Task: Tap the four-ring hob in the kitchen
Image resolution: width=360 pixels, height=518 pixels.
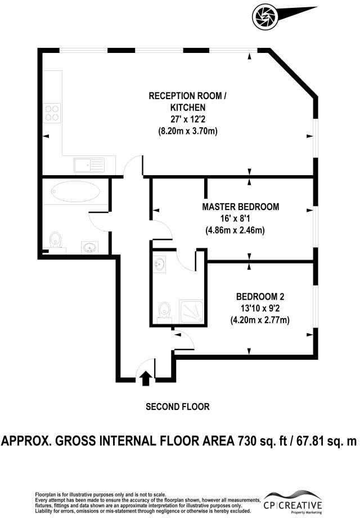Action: tap(52, 113)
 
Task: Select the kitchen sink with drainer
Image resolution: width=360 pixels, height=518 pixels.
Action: tap(89, 165)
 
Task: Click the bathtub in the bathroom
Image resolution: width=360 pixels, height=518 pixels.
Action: tap(75, 191)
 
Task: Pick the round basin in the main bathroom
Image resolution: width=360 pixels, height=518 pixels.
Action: tap(89, 247)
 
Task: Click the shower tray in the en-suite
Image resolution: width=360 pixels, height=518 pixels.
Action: tap(191, 311)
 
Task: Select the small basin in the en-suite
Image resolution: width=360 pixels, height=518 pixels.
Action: tap(160, 264)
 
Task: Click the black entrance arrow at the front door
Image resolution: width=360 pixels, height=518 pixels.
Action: tap(145, 378)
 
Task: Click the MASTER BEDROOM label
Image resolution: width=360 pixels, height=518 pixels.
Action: tap(241, 207)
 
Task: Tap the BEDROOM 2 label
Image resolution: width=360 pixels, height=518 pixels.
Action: tap(260, 296)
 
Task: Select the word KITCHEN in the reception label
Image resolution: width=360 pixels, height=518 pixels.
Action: tap(188, 108)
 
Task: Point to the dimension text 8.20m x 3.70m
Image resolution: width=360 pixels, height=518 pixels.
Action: tap(188, 131)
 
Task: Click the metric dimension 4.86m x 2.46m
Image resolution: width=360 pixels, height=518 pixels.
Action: tap(235, 230)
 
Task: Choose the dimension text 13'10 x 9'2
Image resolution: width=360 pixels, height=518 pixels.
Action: tap(260, 308)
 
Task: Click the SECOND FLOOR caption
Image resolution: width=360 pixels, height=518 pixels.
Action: tap(178, 407)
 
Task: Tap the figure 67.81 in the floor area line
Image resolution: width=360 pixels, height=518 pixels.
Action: tap(311, 441)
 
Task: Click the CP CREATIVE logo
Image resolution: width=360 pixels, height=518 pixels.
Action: tap(292, 502)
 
